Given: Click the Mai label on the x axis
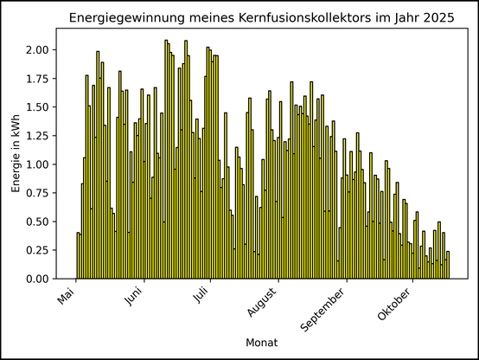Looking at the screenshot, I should click(67, 297).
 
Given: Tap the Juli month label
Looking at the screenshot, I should click(201, 297).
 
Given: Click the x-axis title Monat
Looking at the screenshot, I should click(261, 343).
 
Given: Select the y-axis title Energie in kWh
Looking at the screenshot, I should click(16, 153).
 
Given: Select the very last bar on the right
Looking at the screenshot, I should click(448, 265).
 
